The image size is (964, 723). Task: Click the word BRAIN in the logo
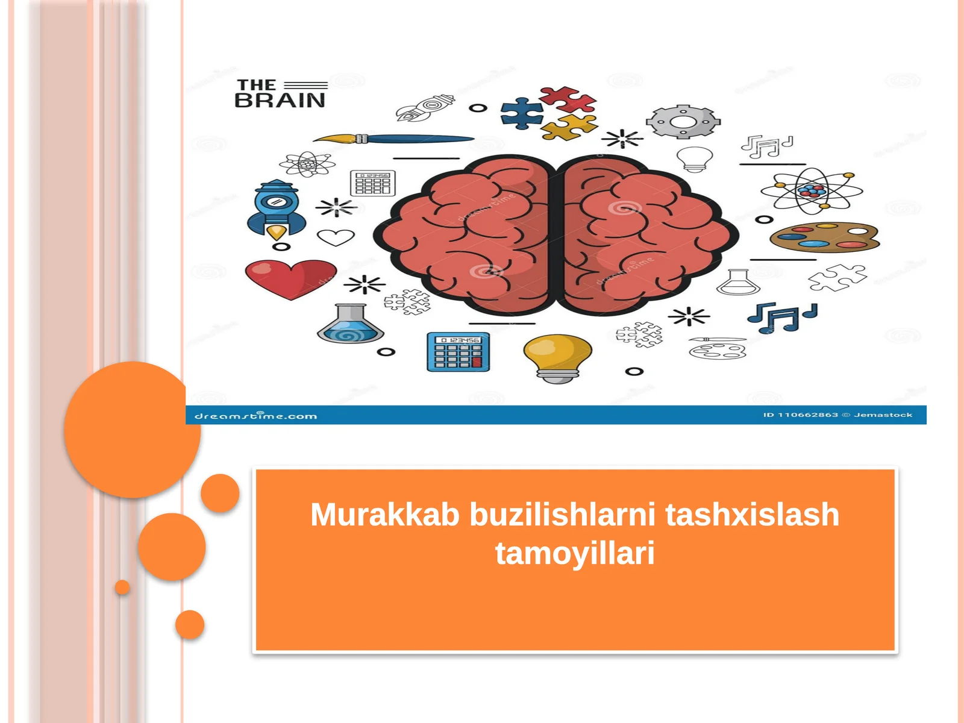click(280, 101)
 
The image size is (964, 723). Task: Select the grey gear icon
click(683, 122)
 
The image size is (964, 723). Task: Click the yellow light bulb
click(557, 357)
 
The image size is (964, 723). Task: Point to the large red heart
click(290, 278)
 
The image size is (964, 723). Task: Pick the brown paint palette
click(824, 237)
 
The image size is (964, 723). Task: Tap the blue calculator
click(458, 352)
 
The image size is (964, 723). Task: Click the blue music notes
click(781, 317)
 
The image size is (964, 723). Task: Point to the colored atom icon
click(812, 191)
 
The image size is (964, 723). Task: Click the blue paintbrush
click(395, 139)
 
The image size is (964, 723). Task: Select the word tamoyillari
click(575, 553)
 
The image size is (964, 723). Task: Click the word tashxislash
click(752, 515)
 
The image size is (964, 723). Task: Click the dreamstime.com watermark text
click(255, 416)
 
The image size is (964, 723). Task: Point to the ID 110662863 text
click(801, 415)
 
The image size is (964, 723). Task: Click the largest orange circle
click(132, 430)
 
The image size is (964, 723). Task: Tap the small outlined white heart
click(336, 237)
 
